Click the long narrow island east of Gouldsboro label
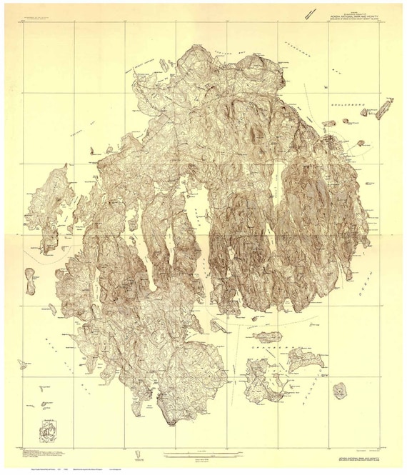coord(384,108)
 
